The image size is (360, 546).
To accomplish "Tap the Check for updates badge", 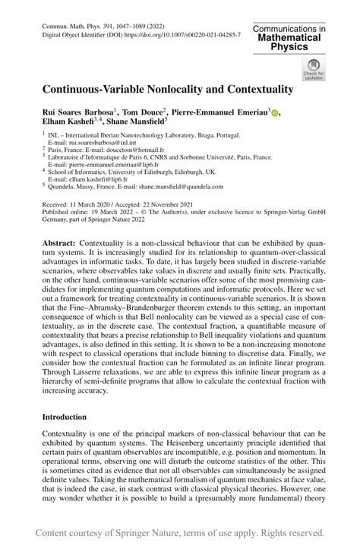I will coord(311,69).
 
